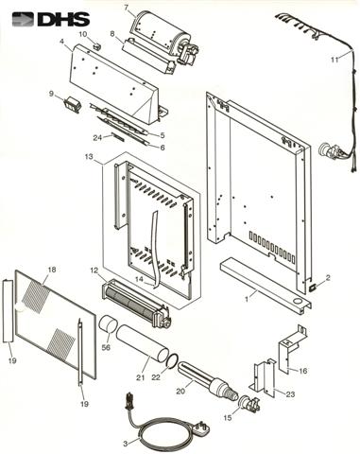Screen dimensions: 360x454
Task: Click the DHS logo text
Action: coord(63,20)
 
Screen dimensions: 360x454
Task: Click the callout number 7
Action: coord(127,8)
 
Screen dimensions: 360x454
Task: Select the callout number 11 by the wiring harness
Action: coord(334,60)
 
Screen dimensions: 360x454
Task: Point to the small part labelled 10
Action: coord(96,45)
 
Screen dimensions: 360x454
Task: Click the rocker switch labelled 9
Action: coord(71,104)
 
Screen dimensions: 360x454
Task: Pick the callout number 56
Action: coord(107,348)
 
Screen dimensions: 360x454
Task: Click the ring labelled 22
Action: coord(172,360)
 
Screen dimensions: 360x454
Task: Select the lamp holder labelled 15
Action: coord(249,404)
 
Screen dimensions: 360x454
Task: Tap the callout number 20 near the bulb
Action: coord(180,392)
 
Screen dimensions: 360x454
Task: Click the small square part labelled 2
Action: coord(313,288)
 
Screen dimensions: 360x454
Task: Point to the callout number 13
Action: coord(89,156)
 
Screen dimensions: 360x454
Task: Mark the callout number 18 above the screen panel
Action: coord(51,270)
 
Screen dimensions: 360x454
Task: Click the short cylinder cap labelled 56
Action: coord(108,325)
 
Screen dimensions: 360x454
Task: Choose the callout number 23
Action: coord(290,394)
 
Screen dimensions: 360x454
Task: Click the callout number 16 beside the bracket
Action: coord(302,371)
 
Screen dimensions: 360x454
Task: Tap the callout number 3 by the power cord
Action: coord(126,444)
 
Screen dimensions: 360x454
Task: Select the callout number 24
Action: coord(97,137)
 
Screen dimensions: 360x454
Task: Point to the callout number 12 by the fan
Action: coord(94,271)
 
